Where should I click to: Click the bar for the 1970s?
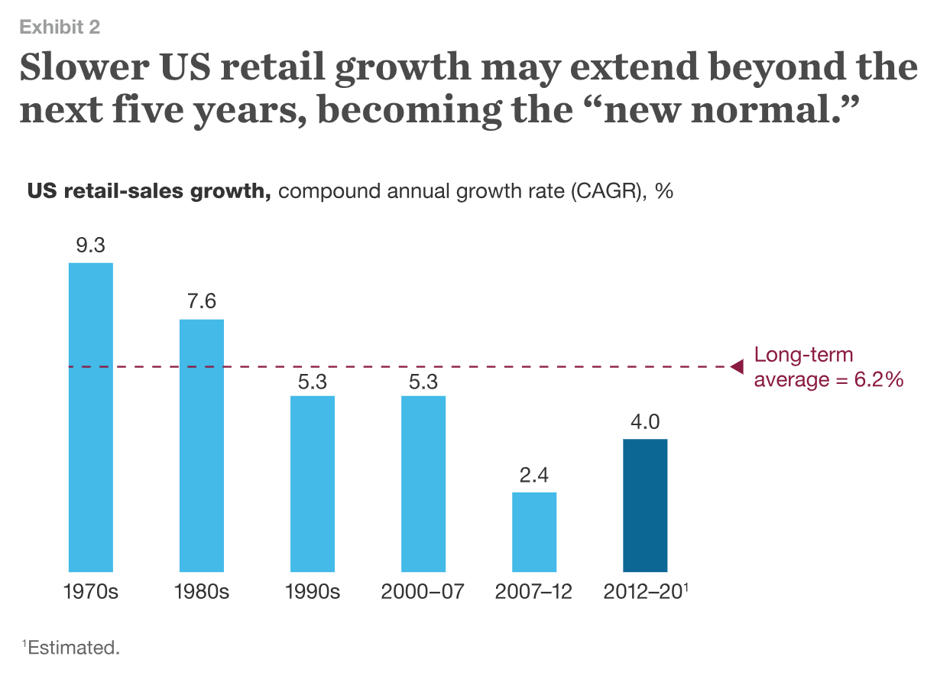coord(91,417)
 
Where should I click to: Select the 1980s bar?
coord(202,445)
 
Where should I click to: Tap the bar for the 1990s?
coord(313,483)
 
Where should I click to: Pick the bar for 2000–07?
coord(423,483)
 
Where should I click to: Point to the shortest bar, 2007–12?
coord(534,531)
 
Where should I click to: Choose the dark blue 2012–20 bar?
coord(645,505)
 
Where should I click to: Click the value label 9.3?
coord(91,246)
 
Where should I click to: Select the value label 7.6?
coord(202,302)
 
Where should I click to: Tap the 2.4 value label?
coord(534,476)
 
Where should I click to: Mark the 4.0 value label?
coord(645,422)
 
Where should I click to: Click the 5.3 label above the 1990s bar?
coord(313,380)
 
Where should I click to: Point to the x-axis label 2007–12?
coord(533,593)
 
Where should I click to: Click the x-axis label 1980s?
coord(202,593)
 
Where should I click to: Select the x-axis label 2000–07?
coord(423,593)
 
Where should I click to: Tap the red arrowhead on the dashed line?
coord(737,367)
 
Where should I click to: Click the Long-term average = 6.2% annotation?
coord(828,367)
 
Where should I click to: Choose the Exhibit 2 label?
coord(60,28)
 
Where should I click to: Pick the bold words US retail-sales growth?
coord(150,191)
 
